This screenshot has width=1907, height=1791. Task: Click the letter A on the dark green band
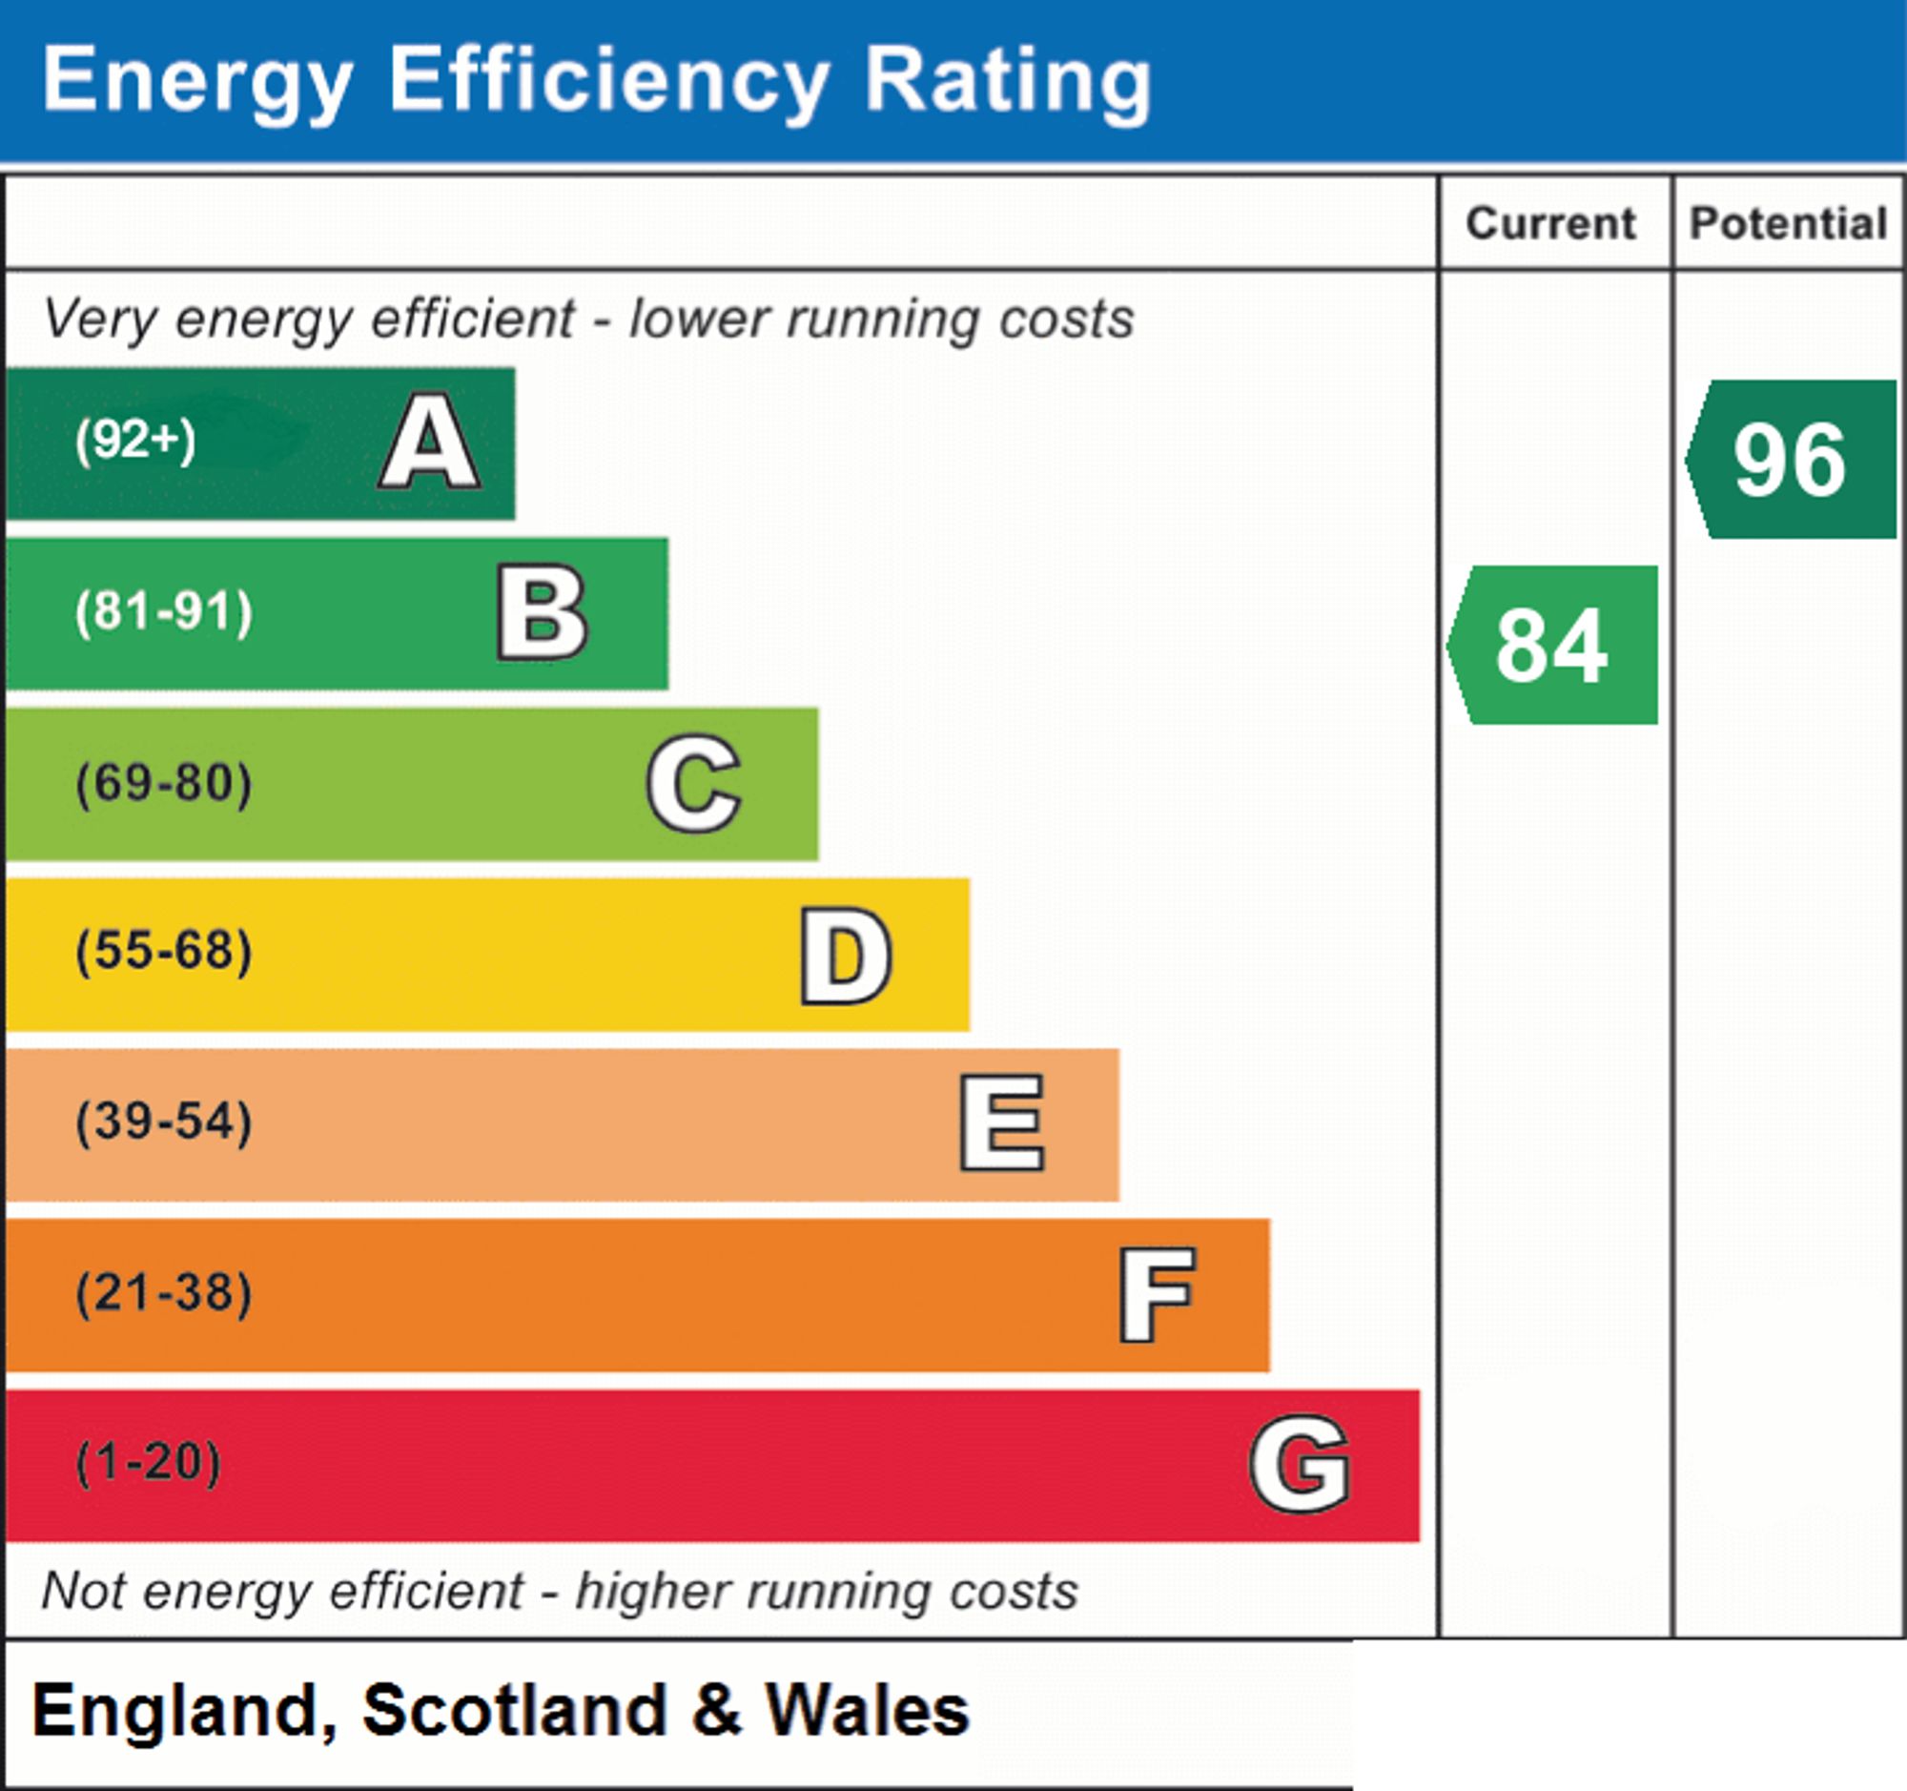[x=431, y=442]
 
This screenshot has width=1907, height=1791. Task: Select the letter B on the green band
[x=542, y=612]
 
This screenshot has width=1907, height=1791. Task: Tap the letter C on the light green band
[x=693, y=783]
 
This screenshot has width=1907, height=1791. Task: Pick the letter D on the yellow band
[x=846, y=956]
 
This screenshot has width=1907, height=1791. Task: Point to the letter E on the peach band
[x=1001, y=1122]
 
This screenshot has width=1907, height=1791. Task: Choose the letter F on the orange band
[x=1157, y=1294]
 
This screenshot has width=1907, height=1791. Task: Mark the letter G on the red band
[x=1300, y=1464]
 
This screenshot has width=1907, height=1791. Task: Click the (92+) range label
[x=135, y=441]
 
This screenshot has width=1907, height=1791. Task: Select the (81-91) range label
[x=164, y=612]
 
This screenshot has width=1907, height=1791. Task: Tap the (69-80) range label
[x=164, y=783]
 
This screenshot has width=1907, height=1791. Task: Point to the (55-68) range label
[x=164, y=952]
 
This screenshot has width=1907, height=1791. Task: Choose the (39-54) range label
[x=164, y=1122]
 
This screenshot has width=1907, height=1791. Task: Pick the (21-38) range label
[x=164, y=1292]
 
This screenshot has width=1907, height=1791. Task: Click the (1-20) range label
[x=149, y=1462]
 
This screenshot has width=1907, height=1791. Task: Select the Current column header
[x=1551, y=223]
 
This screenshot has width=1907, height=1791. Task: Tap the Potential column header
[x=1789, y=223]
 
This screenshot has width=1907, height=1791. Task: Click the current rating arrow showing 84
[x=1552, y=645]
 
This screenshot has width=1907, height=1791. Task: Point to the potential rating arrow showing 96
[x=1791, y=460]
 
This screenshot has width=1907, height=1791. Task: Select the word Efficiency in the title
[x=608, y=83]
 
